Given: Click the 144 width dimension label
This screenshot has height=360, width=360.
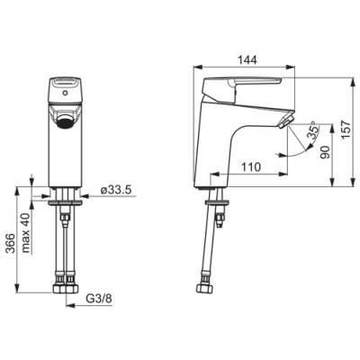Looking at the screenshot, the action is pos(247,60).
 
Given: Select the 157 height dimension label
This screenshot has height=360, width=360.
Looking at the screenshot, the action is pos(346,130).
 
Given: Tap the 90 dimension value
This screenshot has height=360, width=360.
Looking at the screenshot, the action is pos(325,152).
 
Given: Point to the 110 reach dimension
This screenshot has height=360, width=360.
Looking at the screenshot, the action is pos(251,166).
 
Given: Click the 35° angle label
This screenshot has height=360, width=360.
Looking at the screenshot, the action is pos(313,130).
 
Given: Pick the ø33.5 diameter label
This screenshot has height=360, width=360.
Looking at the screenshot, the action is pos(117,190).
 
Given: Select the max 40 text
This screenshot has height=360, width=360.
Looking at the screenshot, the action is pos(26,233).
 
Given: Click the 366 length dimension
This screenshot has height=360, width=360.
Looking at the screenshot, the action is pos(11,243).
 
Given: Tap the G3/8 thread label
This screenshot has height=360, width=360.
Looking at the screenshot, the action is pos(99,299).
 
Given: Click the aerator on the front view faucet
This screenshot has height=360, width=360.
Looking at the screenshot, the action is pos(65,122).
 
